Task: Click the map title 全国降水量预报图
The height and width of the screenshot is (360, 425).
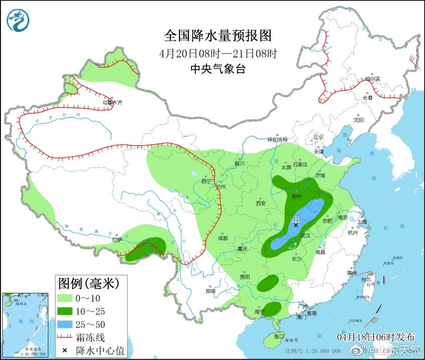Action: coord(218,36)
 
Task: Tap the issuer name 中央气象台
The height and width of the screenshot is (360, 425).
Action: coord(218,69)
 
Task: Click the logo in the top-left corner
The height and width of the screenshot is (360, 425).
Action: coord(18,21)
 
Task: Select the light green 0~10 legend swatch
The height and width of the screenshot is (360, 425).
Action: coord(65,298)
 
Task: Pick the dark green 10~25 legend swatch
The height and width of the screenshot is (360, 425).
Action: coord(65,310)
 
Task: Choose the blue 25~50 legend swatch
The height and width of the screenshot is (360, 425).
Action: coord(65,323)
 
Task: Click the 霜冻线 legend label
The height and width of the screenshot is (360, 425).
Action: coord(90,336)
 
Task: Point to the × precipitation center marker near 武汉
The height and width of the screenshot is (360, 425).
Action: coord(296,225)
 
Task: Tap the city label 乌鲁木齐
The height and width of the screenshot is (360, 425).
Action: coord(112,102)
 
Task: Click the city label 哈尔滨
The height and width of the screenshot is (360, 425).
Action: coord(372,79)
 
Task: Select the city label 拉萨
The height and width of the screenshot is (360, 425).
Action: coord(117,240)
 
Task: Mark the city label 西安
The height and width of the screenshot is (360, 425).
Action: coord(261,203)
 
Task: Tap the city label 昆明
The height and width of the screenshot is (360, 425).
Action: coord(210,291)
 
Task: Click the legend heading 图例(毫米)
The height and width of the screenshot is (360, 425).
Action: coord(88,284)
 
